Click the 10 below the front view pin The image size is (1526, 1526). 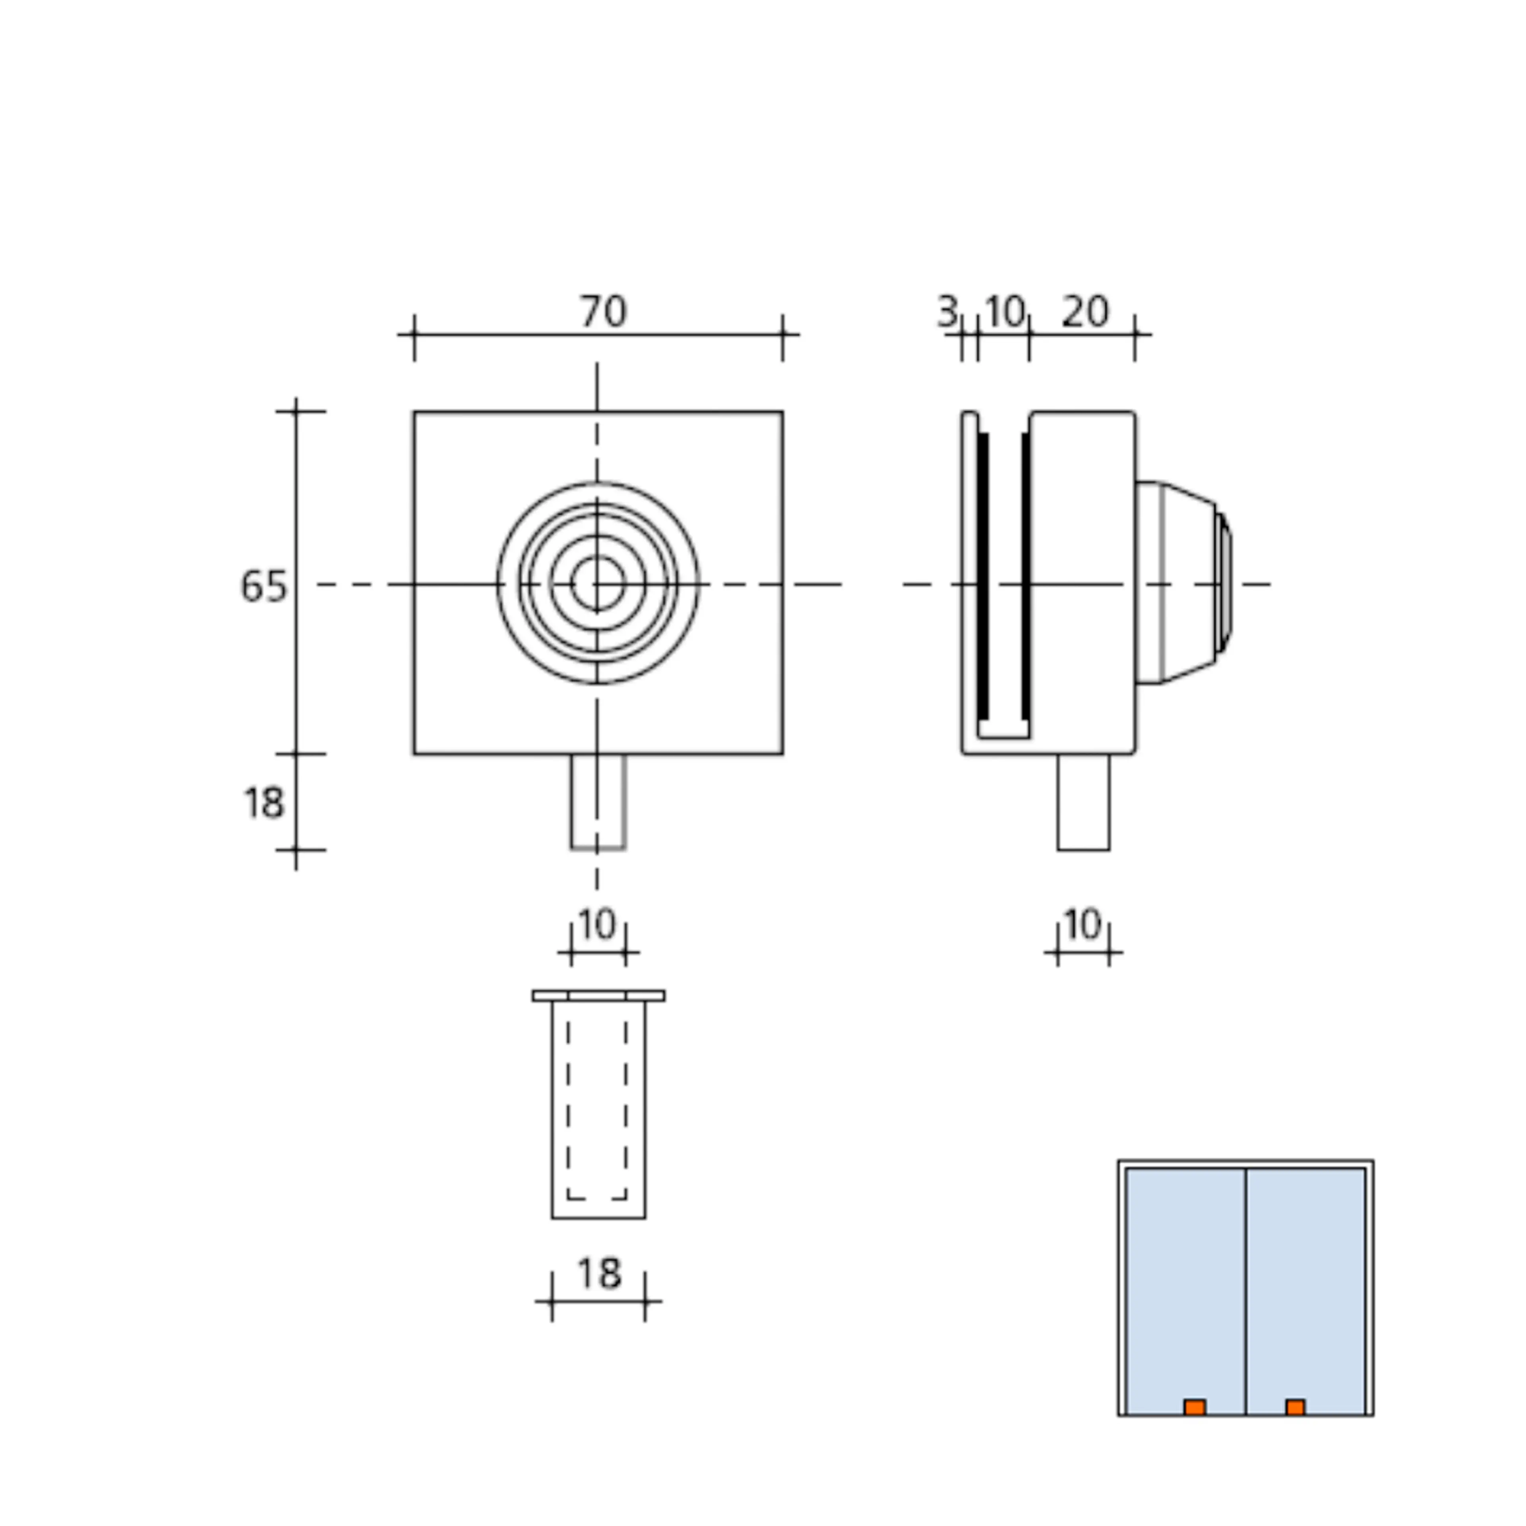597,924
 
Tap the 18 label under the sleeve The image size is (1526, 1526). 599,1273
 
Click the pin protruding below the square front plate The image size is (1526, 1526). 598,802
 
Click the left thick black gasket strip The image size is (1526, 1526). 984,577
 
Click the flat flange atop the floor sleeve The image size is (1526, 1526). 598,996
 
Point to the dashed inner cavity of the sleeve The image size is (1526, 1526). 597,1106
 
